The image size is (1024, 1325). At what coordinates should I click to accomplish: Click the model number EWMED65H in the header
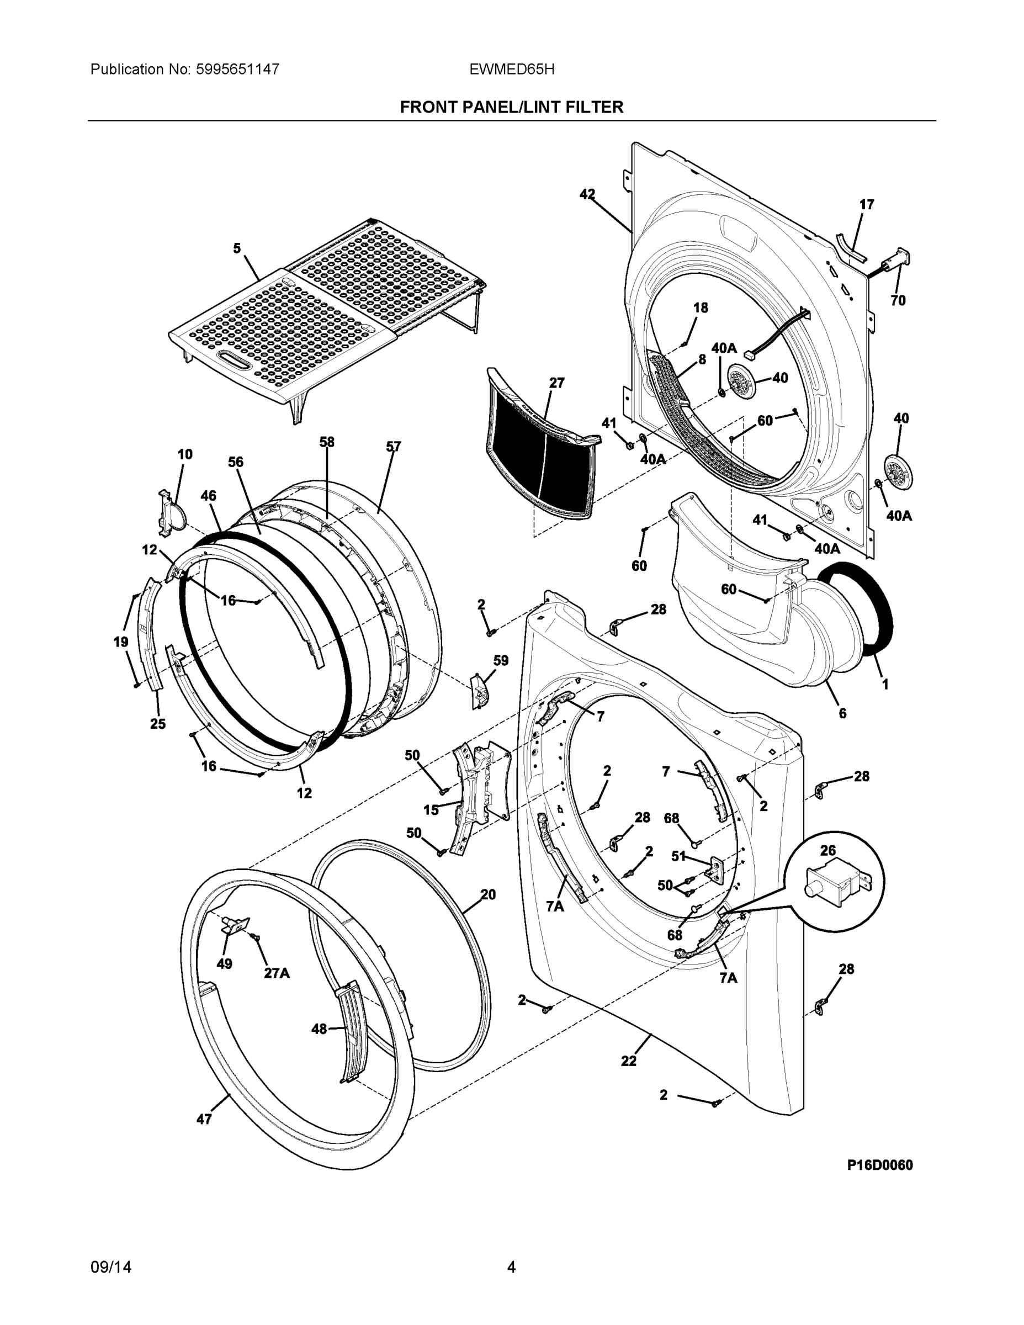click(511, 69)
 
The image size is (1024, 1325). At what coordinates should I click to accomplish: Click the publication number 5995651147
click(237, 69)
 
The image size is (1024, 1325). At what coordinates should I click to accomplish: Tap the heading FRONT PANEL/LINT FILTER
click(511, 108)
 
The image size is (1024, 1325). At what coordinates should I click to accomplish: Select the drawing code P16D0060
click(879, 1165)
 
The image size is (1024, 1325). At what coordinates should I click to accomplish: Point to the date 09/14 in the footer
click(110, 1267)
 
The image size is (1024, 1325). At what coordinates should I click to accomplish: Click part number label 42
click(587, 194)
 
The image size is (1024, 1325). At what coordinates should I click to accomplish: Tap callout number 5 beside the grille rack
click(237, 248)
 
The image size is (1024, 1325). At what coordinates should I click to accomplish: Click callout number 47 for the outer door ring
click(204, 1119)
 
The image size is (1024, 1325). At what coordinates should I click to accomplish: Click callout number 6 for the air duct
click(842, 713)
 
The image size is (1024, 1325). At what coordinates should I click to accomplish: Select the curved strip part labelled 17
click(851, 247)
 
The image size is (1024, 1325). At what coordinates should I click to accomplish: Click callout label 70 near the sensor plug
click(898, 300)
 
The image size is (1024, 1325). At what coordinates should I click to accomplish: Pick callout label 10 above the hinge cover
click(185, 454)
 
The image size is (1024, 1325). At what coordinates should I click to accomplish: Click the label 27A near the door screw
click(277, 973)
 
